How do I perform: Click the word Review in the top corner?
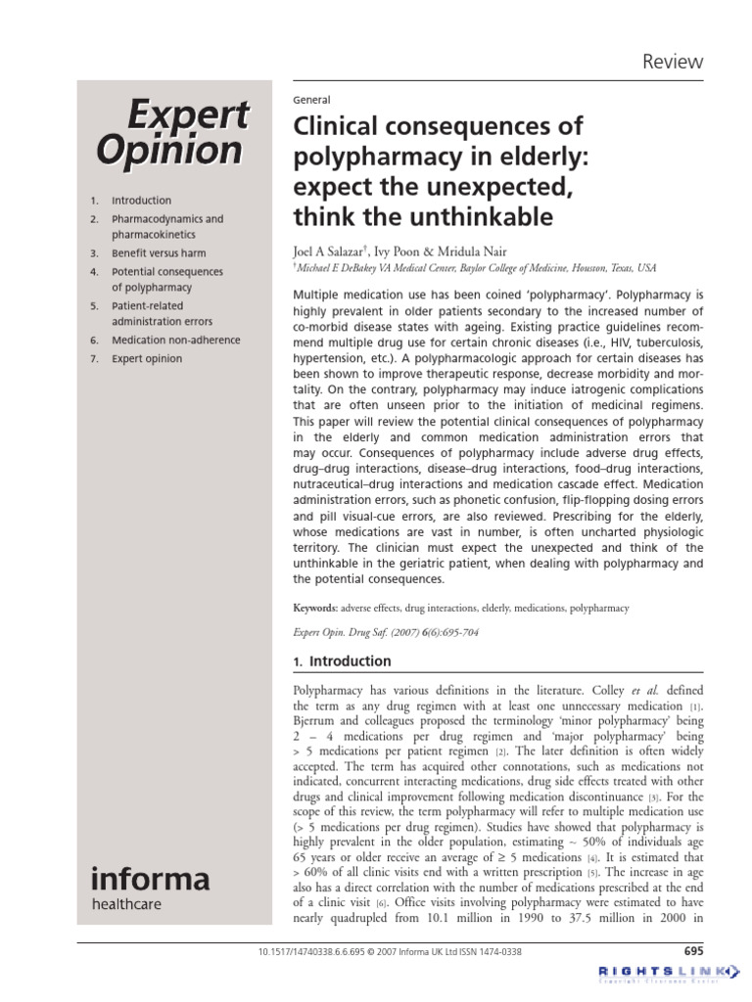(x=672, y=62)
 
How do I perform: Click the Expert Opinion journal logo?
(x=171, y=133)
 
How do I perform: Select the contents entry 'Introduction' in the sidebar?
(x=141, y=200)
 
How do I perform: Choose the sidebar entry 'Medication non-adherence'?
(x=175, y=341)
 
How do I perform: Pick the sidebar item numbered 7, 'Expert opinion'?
(x=146, y=359)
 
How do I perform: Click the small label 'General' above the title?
(x=312, y=100)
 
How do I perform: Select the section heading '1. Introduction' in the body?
(x=342, y=660)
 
